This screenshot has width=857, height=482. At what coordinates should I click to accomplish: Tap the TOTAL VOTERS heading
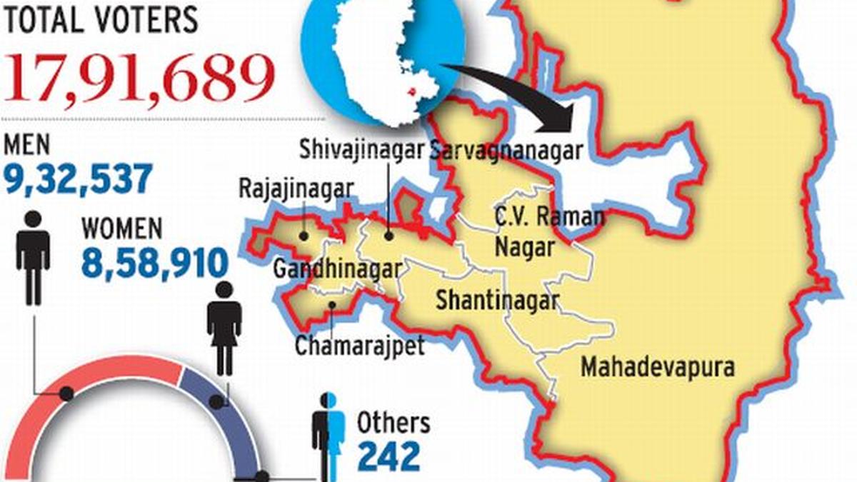[101, 19]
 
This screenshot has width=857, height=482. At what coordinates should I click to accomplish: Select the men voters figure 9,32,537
[78, 179]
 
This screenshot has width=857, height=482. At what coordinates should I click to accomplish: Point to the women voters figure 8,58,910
[154, 262]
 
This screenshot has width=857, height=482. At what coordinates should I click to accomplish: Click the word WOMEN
[122, 229]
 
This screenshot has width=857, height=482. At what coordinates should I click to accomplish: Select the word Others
[394, 423]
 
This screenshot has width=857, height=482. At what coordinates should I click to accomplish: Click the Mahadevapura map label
[657, 367]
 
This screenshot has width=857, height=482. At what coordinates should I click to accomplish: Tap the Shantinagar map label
[497, 299]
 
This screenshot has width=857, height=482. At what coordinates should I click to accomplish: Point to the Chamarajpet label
[360, 346]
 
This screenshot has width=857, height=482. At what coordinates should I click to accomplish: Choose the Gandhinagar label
[338, 269]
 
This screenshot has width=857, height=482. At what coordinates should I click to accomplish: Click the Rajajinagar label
[296, 189]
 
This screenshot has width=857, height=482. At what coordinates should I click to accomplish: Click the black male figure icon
[33, 257]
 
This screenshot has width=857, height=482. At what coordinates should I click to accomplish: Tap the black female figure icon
[224, 328]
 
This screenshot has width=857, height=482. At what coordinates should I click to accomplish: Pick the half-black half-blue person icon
[329, 436]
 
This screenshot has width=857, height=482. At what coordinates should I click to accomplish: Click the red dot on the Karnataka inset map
[411, 91]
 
